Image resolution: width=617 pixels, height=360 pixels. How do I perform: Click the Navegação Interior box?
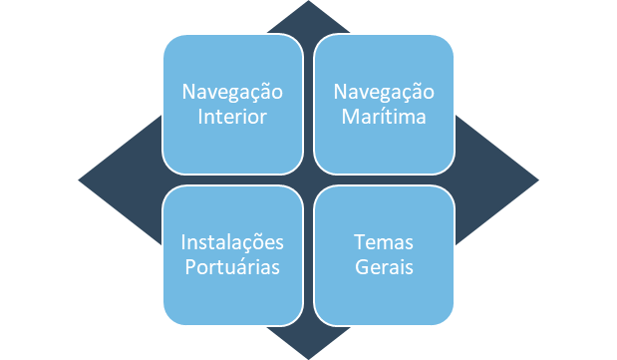(x=232, y=104)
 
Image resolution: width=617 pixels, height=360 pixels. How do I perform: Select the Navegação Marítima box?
(x=384, y=104)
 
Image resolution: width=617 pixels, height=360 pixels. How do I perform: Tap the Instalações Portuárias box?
(x=232, y=255)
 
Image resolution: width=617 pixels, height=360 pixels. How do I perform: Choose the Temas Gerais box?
(x=384, y=255)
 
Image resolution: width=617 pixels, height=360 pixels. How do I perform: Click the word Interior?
(x=232, y=117)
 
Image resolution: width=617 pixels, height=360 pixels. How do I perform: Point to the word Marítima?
(x=384, y=117)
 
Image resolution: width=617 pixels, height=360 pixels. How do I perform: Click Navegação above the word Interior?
(x=232, y=93)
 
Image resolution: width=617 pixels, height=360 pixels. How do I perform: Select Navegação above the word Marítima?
(x=384, y=93)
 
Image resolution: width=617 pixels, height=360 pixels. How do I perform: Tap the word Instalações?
(x=232, y=244)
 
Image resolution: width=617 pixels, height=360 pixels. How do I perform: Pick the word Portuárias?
(x=232, y=268)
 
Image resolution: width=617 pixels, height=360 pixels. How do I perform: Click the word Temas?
(x=384, y=244)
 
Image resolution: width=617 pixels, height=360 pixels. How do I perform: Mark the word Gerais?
(x=384, y=268)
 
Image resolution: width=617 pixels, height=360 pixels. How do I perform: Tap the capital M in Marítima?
(x=349, y=117)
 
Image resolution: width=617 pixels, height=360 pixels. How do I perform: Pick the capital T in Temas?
(x=359, y=244)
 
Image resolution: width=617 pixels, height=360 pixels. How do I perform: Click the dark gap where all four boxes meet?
(x=308, y=180)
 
